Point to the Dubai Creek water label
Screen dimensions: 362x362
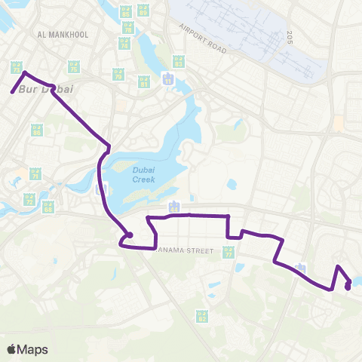143,174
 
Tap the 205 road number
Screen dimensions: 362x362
289,35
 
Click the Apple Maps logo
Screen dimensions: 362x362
28,349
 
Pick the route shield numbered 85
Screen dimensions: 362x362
124,13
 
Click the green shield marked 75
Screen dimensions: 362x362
73,68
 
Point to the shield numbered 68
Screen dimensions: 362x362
48,206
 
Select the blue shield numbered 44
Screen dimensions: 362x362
174,206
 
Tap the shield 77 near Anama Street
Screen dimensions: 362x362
228,253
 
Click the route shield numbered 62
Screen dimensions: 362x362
201,316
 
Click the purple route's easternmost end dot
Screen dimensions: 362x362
348,286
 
